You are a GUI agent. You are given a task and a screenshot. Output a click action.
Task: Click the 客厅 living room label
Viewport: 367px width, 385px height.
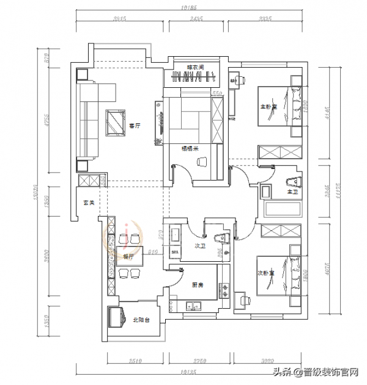[135, 126]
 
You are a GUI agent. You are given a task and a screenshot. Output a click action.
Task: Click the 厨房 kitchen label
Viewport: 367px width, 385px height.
[197, 284]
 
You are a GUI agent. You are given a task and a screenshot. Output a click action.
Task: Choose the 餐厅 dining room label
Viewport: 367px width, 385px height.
[128, 257]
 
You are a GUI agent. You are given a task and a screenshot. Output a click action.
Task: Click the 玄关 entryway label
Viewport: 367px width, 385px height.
[89, 203]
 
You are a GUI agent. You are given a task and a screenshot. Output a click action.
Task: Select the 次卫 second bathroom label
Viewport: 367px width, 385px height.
[199, 246]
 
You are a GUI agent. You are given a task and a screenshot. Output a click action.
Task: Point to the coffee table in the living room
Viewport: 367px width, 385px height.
[114, 123]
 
